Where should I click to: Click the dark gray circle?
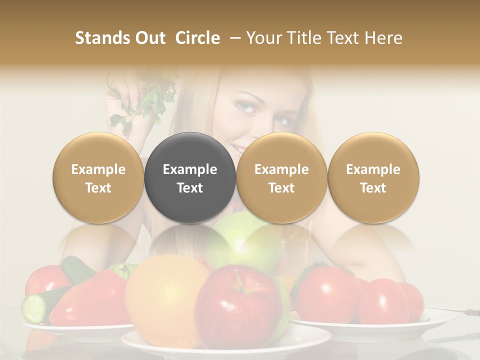(x=190, y=177)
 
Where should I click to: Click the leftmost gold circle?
(x=98, y=177)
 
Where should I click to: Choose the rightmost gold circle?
(x=373, y=177)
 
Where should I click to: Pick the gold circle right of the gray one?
(x=281, y=177)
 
